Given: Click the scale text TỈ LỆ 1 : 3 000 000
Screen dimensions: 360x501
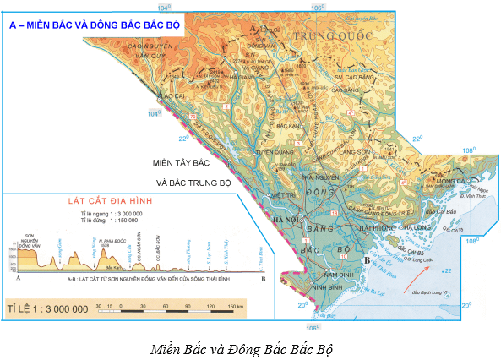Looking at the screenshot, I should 47,308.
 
